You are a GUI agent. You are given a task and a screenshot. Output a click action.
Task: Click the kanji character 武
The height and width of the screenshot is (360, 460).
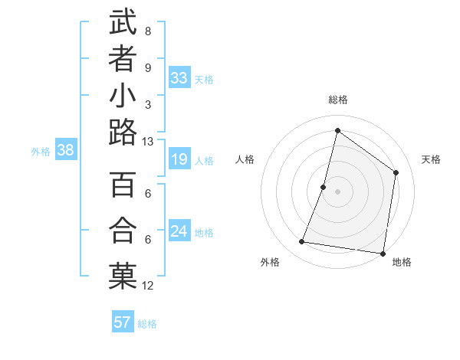tap(123, 22)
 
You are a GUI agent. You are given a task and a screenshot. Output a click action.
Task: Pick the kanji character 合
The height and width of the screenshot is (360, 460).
tap(123, 231)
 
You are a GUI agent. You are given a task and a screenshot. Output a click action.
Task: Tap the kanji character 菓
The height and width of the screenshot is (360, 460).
tap(123, 277)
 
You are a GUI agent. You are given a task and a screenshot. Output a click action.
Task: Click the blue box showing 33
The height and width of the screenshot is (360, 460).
tap(179, 78)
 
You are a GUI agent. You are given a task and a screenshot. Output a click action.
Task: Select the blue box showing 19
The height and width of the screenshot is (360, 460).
tap(179, 159)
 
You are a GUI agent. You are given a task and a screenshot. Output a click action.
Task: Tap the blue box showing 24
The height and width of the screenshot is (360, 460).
tap(179, 231)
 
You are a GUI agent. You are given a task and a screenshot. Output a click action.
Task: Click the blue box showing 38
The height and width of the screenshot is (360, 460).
tap(66, 151)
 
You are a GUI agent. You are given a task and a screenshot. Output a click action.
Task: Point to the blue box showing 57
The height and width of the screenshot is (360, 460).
tap(123, 322)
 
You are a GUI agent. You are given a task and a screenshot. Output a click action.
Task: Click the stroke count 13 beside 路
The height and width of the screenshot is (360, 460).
tap(148, 142)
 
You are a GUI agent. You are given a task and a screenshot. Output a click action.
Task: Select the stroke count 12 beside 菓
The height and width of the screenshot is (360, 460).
tap(148, 286)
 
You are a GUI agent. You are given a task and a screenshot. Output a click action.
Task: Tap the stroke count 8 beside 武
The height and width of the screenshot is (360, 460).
tap(148, 31)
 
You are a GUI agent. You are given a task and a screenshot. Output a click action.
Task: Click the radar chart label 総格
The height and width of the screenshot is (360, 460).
tap(337, 100)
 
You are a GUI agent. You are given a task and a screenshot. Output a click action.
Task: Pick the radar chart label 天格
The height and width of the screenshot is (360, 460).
tap(431, 159)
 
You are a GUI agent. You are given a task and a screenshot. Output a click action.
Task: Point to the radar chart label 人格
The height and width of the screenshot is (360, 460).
tap(245, 159)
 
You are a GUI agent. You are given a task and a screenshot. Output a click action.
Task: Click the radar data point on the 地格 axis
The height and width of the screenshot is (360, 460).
tap(383, 253)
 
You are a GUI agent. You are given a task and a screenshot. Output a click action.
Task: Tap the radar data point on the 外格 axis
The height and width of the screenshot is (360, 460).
tap(302, 242)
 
